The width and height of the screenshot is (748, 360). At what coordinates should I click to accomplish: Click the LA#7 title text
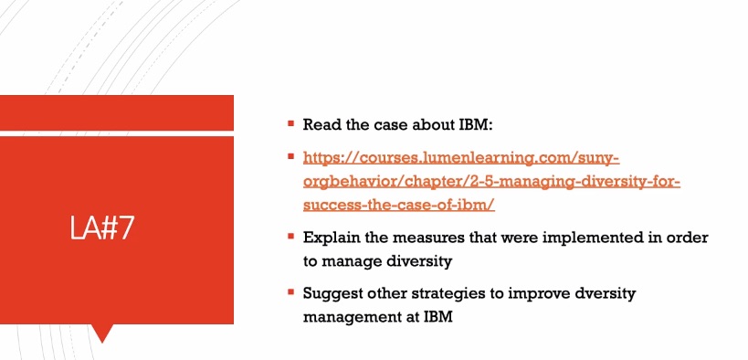point(102,228)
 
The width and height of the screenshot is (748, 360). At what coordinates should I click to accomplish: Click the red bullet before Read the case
point(290,123)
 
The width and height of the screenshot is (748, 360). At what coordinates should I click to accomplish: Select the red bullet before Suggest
point(290,292)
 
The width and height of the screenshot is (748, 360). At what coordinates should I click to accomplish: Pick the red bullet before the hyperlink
point(290,156)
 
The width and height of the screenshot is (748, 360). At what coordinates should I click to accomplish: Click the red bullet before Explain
point(290,236)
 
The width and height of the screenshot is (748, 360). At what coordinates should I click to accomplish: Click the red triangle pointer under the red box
point(102,332)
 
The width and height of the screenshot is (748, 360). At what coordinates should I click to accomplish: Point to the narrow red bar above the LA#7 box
point(116,111)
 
